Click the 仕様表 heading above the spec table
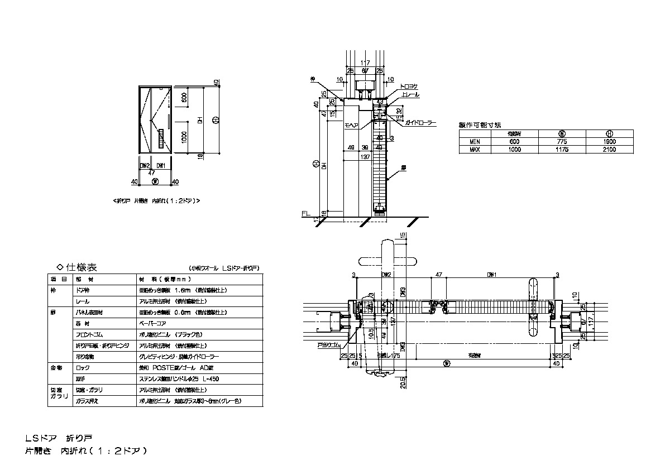coord(82,267)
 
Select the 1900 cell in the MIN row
coord(609,142)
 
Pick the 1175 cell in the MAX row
coord(563,150)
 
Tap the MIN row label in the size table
coord(475,142)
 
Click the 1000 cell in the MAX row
coord(514,150)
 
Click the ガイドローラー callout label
coord(421,122)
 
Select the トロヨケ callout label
coord(409,88)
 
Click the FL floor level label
coord(305,214)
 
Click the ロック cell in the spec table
coord(82,368)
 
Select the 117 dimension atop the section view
coord(365,63)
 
